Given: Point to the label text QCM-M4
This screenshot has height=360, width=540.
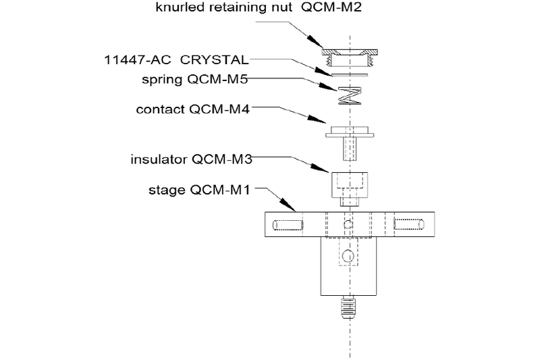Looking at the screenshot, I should (x=224, y=109).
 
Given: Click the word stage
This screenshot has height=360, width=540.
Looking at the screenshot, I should (x=165, y=190).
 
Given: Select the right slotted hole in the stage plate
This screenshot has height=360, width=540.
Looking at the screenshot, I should (x=408, y=224).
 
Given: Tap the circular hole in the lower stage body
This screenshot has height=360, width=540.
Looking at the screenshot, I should (x=348, y=255).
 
